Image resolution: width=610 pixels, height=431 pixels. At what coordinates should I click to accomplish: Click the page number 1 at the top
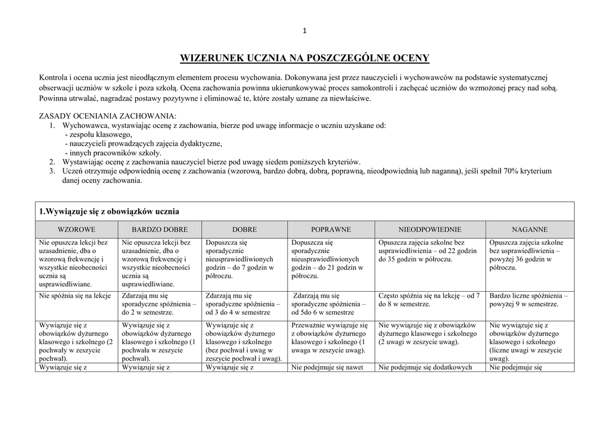click(304, 31)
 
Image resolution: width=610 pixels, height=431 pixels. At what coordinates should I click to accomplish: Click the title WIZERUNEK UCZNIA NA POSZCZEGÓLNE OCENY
click(304, 58)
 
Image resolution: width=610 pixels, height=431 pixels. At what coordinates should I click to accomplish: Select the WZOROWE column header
click(76, 229)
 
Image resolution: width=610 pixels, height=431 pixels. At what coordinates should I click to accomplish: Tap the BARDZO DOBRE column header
click(160, 229)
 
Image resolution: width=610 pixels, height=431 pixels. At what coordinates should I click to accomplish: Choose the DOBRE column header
click(245, 229)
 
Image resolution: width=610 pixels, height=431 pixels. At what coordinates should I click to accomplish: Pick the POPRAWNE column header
click(331, 229)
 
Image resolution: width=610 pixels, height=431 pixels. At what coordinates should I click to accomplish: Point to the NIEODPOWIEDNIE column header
click(430, 229)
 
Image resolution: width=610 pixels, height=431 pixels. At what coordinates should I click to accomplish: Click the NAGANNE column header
click(530, 229)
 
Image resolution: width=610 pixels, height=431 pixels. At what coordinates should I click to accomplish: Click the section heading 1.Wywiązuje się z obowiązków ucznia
click(109, 211)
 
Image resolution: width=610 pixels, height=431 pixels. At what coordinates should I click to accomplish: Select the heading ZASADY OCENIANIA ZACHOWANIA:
click(108, 115)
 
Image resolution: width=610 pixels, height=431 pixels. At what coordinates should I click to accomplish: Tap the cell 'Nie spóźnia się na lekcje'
click(75, 295)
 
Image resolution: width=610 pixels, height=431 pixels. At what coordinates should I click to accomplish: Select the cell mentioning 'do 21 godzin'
click(327, 260)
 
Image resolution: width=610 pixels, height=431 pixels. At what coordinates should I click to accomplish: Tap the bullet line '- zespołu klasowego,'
click(98, 135)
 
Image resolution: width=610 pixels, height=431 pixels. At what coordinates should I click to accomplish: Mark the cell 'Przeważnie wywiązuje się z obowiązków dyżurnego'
click(330, 338)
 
